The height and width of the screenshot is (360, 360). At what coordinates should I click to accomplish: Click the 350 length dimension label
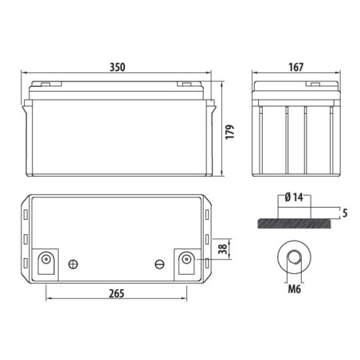coord(117,68)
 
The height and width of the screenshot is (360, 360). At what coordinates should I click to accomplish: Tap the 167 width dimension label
coord(295,68)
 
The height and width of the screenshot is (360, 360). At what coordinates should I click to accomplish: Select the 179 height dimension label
coord(230,131)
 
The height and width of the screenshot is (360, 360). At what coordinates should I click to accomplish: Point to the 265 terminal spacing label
coord(116,294)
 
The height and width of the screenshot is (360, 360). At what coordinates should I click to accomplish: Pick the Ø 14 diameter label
coord(294,198)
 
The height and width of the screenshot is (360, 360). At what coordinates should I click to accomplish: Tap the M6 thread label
coord(295,289)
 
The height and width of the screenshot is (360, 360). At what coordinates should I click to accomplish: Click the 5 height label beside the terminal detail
coord(345,213)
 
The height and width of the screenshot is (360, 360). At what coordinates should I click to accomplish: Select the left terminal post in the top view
coord(46,258)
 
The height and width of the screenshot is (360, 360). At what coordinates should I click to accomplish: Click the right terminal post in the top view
coord(186,259)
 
